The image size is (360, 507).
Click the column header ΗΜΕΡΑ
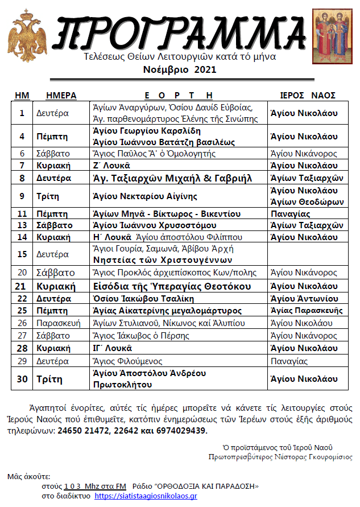[61, 95]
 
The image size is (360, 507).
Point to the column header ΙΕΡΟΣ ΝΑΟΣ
[308, 95]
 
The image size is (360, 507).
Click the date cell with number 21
[22, 286]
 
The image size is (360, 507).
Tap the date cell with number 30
[22, 378]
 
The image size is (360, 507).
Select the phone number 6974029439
[177, 431]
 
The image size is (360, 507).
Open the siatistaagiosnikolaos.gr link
[145, 496]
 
